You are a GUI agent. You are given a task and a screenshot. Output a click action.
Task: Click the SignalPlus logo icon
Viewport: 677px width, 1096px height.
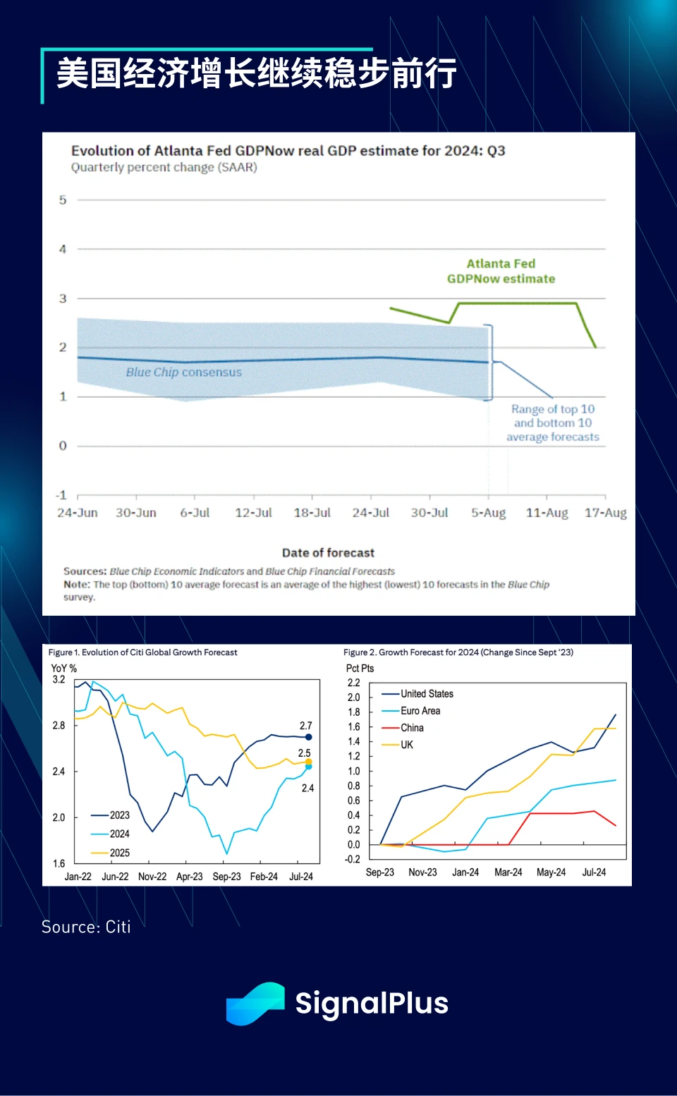tap(255, 1003)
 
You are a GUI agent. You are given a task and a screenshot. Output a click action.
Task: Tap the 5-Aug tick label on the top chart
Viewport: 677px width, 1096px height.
tap(488, 513)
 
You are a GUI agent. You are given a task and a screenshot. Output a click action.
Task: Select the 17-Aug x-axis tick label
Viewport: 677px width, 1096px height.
tap(605, 513)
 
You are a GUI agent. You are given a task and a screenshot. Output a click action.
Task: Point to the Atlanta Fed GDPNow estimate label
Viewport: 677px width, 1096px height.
tap(501, 272)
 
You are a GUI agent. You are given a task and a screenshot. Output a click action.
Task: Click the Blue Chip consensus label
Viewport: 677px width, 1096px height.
tap(183, 372)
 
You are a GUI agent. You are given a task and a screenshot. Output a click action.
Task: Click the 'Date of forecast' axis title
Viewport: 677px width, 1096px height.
tap(328, 553)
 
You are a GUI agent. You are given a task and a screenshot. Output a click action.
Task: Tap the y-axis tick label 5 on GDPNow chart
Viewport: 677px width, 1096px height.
tap(63, 200)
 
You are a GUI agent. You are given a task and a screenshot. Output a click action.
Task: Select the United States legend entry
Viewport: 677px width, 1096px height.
tap(427, 694)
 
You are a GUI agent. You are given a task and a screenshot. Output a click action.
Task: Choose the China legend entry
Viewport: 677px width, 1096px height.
tap(412, 728)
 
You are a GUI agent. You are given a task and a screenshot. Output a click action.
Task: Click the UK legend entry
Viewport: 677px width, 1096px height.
tap(407, 745)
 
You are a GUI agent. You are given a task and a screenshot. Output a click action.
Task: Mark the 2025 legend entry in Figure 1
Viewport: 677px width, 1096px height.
tap(119, 853)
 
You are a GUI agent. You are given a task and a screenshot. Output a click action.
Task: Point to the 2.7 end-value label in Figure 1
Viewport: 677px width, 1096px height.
tap(305, 726)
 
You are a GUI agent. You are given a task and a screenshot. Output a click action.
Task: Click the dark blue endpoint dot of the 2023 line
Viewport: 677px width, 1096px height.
tap(308, 737)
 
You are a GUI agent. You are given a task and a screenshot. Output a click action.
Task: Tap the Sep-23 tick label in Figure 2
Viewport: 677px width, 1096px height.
tap(379, 872)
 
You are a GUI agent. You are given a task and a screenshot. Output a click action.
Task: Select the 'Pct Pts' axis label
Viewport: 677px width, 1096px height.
tap(360, 668)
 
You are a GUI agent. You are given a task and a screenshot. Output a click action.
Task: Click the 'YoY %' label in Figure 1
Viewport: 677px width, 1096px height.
tap(63, 668)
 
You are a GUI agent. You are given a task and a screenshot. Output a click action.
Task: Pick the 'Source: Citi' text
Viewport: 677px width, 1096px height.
tap(86, 927)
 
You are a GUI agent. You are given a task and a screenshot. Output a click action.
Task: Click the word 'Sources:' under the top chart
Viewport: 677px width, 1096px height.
tap(85, 571)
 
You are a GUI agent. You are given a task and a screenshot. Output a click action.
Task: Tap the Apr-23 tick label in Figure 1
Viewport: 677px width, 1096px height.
tap(189, 877)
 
